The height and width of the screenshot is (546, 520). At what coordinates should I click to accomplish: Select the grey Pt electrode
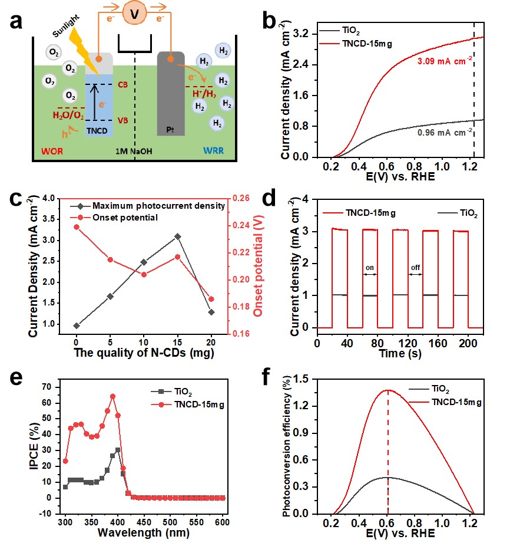click(171, 94)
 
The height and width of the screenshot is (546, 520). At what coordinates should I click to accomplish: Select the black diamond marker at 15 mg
click(177, 236)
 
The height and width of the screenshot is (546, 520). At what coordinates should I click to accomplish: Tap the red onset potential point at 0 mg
click(77, 227)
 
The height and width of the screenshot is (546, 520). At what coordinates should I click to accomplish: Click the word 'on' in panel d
click(370, 268)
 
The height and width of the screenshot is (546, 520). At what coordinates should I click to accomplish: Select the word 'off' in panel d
click(416, 268)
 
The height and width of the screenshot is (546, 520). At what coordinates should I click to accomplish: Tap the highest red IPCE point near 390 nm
click(112, 396)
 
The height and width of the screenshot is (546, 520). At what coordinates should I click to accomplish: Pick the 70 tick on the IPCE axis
click(49, 387)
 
